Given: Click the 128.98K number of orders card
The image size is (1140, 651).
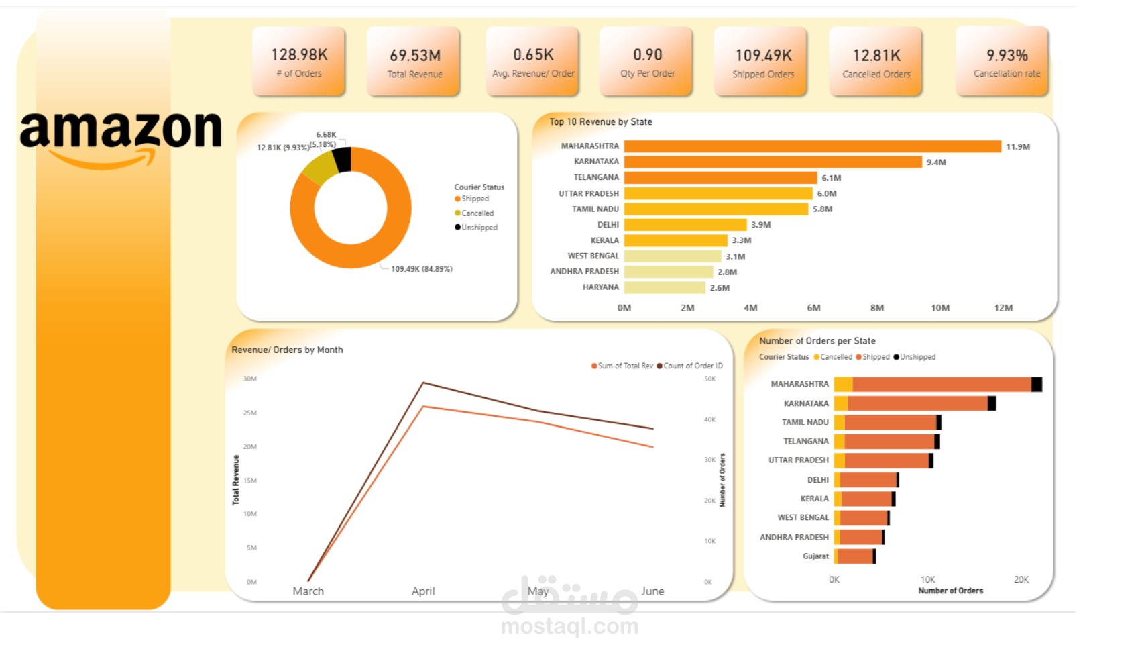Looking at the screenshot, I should pyautogui.click(x=299, y=61).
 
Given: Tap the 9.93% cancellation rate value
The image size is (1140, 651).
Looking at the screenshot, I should pyautogui.click(x=1007, y=55).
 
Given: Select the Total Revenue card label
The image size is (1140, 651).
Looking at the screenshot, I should pyautogui.click(x=414, y=74).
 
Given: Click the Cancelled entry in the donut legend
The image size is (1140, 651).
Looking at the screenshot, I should pyautogui.click(x=477, y=213).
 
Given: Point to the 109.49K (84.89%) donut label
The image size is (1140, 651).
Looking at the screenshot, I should pyautogui.click(x=421, y=269).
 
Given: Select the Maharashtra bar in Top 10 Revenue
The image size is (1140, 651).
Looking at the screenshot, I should pyautogui.click(x=811, y=146).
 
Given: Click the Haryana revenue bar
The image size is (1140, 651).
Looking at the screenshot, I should pyautogui.click(x=664, y=287).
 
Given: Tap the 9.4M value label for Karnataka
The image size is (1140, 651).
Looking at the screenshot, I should pyautogui.click(x=936, y=162).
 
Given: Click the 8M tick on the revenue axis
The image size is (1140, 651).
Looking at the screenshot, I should pyautogui.click(x=876, y=308).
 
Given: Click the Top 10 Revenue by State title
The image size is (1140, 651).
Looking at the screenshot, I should pyautogui.click(x=600, y=122).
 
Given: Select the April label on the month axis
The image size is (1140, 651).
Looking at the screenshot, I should pyautogui.click(x=423, y=591).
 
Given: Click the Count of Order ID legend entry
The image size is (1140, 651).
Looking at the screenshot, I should pyautogui.click(x=692, y=366).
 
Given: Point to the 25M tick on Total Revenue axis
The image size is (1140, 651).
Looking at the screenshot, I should pyautogui.click(x=249, y=413).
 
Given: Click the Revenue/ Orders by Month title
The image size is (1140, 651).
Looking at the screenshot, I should pyautogui.click(x=287, y=350).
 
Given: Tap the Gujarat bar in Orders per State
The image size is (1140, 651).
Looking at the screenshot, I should pyautogui.click(x=854, y=556).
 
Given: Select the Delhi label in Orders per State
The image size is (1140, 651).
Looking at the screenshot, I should pyautogui.click(x=817, y=480).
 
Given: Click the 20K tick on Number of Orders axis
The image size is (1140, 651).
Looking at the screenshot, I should pyautogui.click(x=1021, y=580).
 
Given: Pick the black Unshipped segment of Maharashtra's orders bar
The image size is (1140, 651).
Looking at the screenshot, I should pyautogui.click(x=1036, y=385).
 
